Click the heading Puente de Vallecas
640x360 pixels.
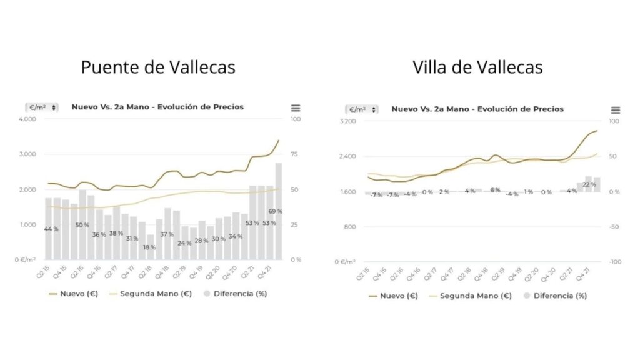[158, 67]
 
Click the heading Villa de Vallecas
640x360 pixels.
[477, 67]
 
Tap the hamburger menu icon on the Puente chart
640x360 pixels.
[296, 108]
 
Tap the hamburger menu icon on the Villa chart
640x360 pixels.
[616, 110]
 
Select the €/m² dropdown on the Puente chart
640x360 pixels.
[42, 107]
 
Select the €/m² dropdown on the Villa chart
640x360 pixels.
[362, 109]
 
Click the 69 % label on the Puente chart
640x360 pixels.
[275, 211]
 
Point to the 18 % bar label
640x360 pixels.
[149, 247]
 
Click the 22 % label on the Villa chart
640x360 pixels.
[589, 184]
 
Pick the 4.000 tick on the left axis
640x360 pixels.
[28, 119]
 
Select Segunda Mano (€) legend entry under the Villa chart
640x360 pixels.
[476, 296]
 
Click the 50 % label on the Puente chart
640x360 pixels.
[82, 225]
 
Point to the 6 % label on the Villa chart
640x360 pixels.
[495, 190]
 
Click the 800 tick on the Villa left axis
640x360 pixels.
[349, 227]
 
